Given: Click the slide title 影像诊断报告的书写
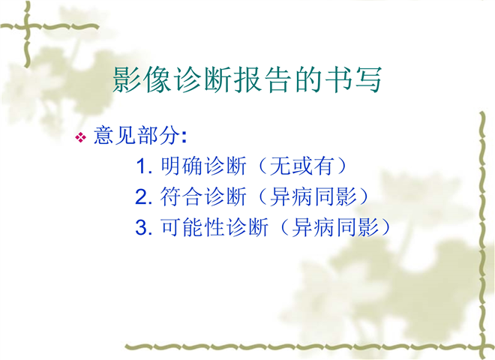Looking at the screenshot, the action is (247, 79).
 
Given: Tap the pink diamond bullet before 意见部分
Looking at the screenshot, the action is (81, 137).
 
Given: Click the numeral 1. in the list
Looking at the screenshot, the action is (144, 166).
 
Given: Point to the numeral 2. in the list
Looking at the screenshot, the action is (144, 196).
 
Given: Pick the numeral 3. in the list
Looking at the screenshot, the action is (144, 226).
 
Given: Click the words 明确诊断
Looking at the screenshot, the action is (203, 166).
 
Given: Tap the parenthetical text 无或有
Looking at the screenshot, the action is (301, 166).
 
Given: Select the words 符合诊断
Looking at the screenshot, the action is (203, 196).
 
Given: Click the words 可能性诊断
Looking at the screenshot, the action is (214, 226).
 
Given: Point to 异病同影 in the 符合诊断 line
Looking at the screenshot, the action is (313, 196).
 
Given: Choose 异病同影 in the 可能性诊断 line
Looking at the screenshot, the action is (335, 226).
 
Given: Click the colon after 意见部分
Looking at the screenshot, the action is (184, 137).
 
